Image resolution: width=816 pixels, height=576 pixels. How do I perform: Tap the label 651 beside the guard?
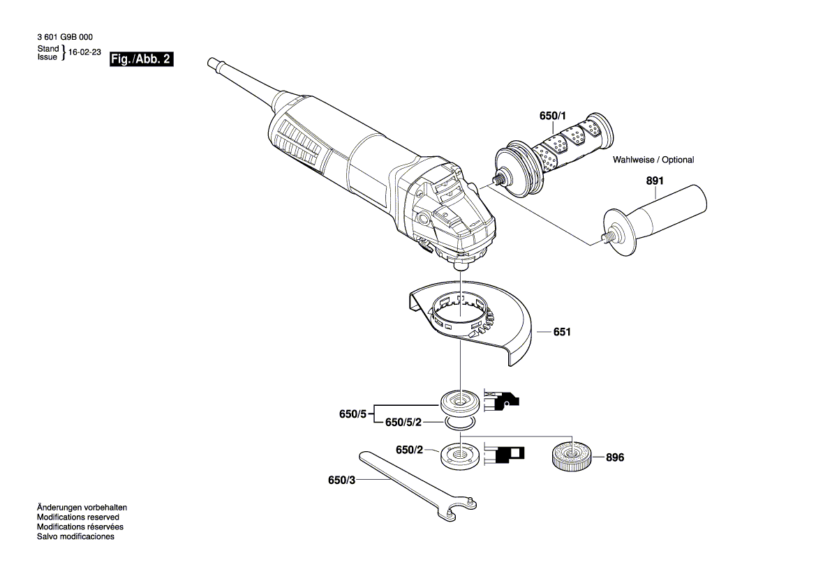562,333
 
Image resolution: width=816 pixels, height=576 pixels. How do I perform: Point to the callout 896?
614,458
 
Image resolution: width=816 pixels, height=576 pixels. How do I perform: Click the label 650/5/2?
403,423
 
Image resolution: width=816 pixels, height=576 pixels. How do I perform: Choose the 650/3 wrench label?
341,480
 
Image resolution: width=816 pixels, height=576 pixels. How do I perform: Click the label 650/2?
410,450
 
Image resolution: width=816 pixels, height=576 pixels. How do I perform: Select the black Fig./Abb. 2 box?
141,60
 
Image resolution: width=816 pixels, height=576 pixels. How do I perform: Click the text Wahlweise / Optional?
653,160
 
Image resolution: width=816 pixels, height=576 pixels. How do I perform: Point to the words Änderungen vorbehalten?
82,508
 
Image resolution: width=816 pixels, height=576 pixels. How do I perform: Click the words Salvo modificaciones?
75,537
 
